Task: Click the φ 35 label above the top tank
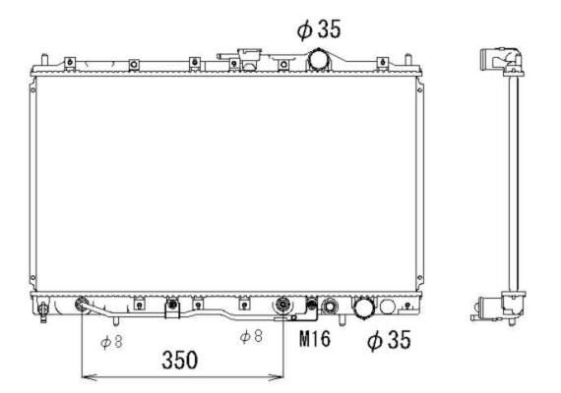[319, 28]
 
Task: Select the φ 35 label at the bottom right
[389, 340]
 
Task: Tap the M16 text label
[315, 338]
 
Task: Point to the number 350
[179, 360]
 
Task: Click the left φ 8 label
[111, 342]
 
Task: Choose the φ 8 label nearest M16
[251, 336]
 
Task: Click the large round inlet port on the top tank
[319, 59]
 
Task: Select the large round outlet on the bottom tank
[364, 308]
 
